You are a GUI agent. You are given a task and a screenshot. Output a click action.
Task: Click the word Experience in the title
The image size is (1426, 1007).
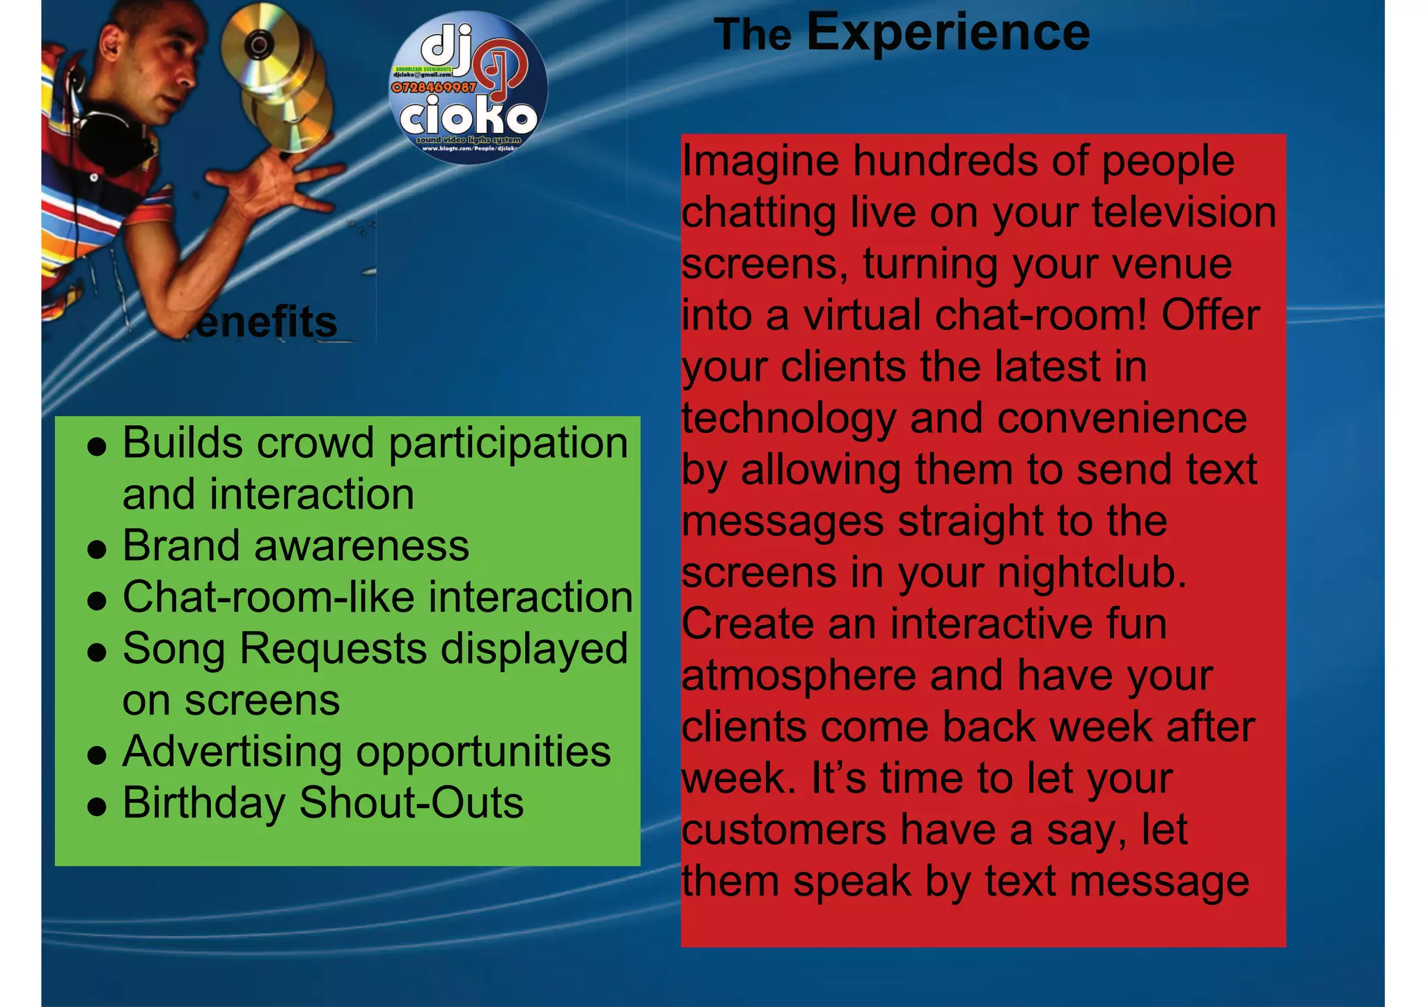pyautogui.click(x=948, y=32)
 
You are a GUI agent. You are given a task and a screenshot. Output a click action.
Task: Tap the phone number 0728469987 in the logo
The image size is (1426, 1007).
pyautogui.click(x=434, y=88)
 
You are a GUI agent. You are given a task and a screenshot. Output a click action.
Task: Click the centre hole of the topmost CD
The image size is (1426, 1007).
pyautogui.click(x=259, y=46)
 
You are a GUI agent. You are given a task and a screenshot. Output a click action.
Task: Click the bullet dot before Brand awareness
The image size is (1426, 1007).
pyautogui.click(x=97, y=549)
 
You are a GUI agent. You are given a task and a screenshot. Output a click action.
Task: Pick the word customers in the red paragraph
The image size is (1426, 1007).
pyautogui.click(x=784, y=830)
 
